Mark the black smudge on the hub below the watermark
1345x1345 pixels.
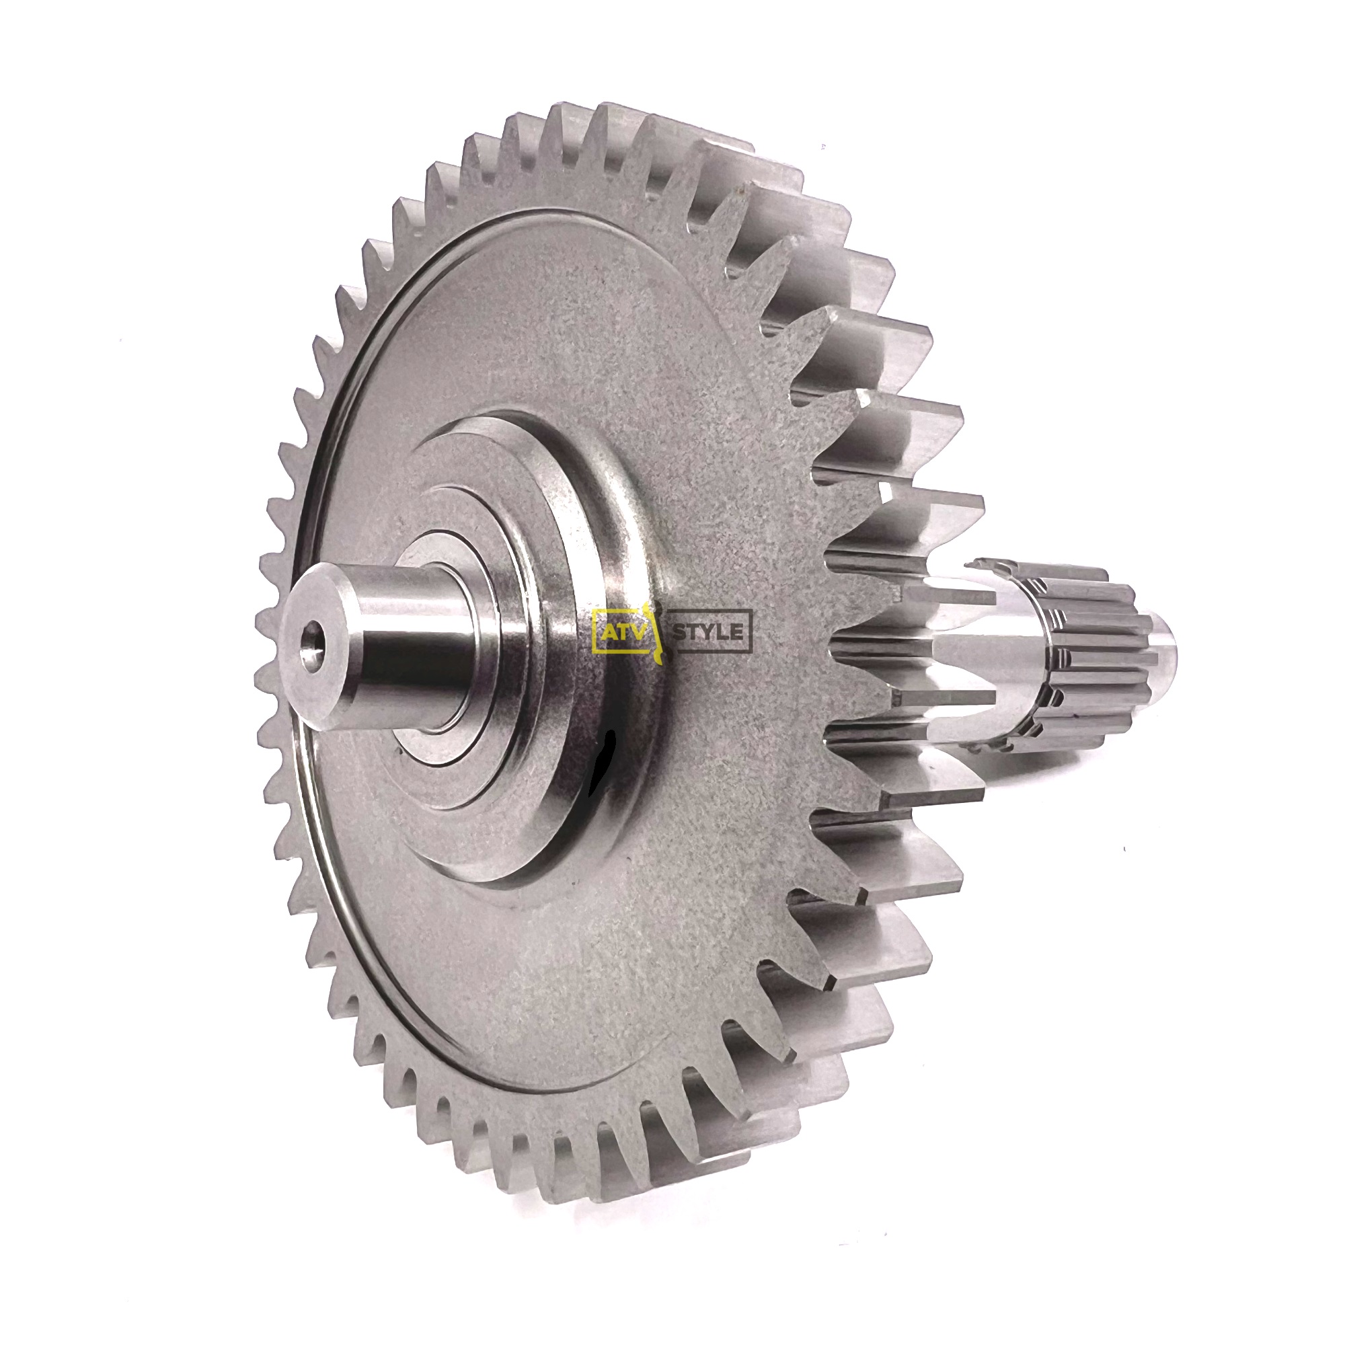[600, 763]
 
